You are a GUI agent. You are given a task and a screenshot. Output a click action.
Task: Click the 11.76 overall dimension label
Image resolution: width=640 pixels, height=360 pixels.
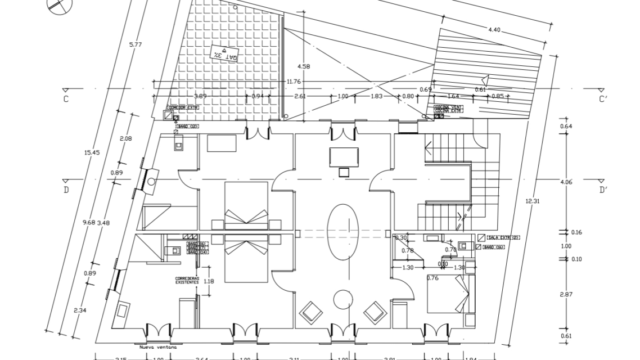294,82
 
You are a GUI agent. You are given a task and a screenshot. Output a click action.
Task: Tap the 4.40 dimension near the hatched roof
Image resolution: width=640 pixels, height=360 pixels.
494,29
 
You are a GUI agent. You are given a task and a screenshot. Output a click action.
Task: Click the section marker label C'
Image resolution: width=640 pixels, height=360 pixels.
603,100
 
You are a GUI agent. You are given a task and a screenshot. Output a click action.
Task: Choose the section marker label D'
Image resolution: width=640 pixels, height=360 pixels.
603,190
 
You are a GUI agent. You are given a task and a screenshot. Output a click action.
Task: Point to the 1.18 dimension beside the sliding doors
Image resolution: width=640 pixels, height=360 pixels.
209,281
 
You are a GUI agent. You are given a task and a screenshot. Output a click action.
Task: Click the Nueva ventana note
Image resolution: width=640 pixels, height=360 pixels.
159,348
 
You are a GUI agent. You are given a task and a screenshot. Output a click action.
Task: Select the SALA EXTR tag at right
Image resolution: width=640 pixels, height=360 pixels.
499,238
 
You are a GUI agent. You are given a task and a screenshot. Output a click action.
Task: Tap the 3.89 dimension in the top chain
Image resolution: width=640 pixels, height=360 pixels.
200,96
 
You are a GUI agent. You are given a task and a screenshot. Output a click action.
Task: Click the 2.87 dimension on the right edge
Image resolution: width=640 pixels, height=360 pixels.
566,294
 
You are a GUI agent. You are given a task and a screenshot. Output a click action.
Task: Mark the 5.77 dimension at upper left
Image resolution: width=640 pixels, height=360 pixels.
135,44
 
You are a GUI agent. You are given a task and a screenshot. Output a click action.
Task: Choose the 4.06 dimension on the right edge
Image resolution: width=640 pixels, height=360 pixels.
566,182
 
